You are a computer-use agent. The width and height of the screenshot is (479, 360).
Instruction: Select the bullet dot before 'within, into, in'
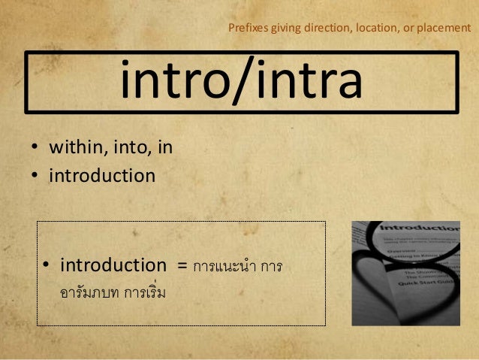[x=35, y=148]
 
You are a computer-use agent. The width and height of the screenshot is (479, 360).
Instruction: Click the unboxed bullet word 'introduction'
[x=102, y=177]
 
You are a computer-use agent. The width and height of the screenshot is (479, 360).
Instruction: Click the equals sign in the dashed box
[x=181, y=266]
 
